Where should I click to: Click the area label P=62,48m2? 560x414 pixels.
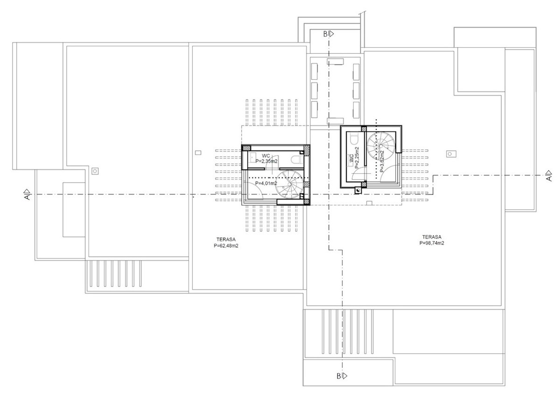click(226, 246)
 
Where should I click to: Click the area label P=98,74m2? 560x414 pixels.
click(432, 243)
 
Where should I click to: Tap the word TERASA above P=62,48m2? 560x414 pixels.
click(226, 239)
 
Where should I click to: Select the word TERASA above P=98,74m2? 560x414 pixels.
click(432, 237)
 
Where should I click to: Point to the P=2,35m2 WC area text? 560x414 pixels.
click(266, 161)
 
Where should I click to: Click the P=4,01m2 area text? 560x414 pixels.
click(266, 183)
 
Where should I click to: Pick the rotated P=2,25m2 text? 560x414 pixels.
click(357, 158)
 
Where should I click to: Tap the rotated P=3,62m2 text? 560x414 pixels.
click(382, 161)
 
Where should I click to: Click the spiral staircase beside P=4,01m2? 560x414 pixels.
click(289, 184)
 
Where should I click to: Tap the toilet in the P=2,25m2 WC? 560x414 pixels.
click(354, 139)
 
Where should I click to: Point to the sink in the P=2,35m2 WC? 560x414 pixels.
click(252, 158)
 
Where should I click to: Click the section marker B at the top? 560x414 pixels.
click(329, 34)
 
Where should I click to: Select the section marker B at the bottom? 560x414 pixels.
click(342, 376)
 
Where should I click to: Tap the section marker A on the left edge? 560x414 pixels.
click(27, 194)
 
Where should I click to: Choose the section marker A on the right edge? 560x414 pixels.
click(549, 176)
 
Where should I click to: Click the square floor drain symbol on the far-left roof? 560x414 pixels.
click(95, 171)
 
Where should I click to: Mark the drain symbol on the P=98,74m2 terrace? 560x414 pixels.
click(451, 154)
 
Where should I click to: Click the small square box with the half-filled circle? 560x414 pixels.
click(358, 190)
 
